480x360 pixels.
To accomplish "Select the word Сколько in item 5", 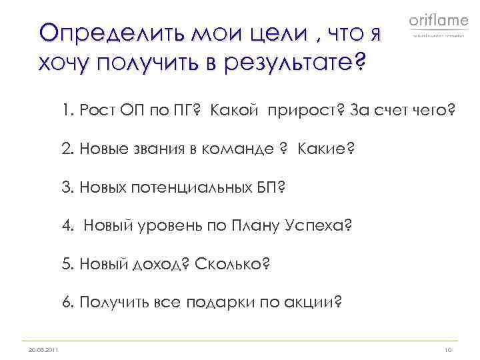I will [229, 264].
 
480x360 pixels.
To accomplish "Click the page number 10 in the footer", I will [447, 350].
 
